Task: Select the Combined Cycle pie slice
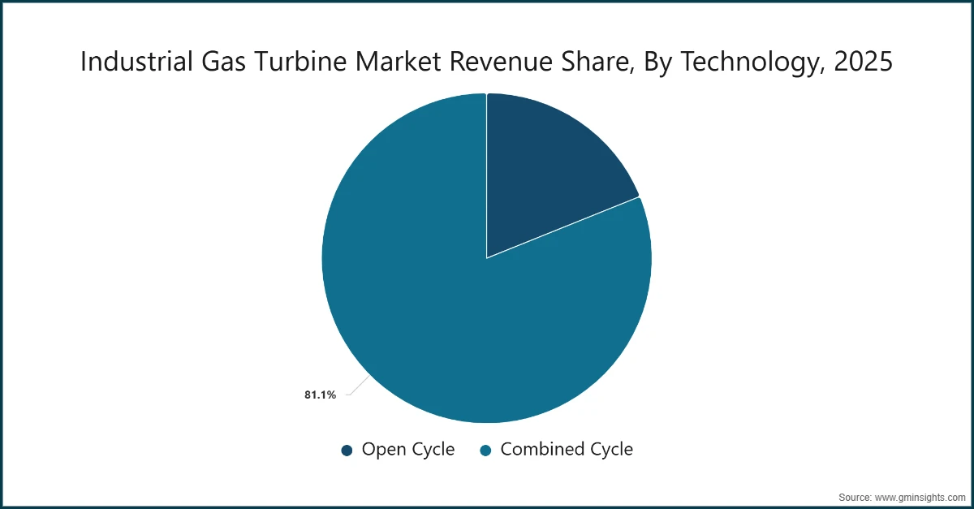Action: [455, 317]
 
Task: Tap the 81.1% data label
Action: [321, 395]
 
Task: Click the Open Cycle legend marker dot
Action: [347, 450]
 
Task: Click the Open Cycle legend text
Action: [407, 449]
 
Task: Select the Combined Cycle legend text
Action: [566, 449]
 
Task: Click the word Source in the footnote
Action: [855, 496]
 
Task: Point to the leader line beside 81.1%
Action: [355, 389]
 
